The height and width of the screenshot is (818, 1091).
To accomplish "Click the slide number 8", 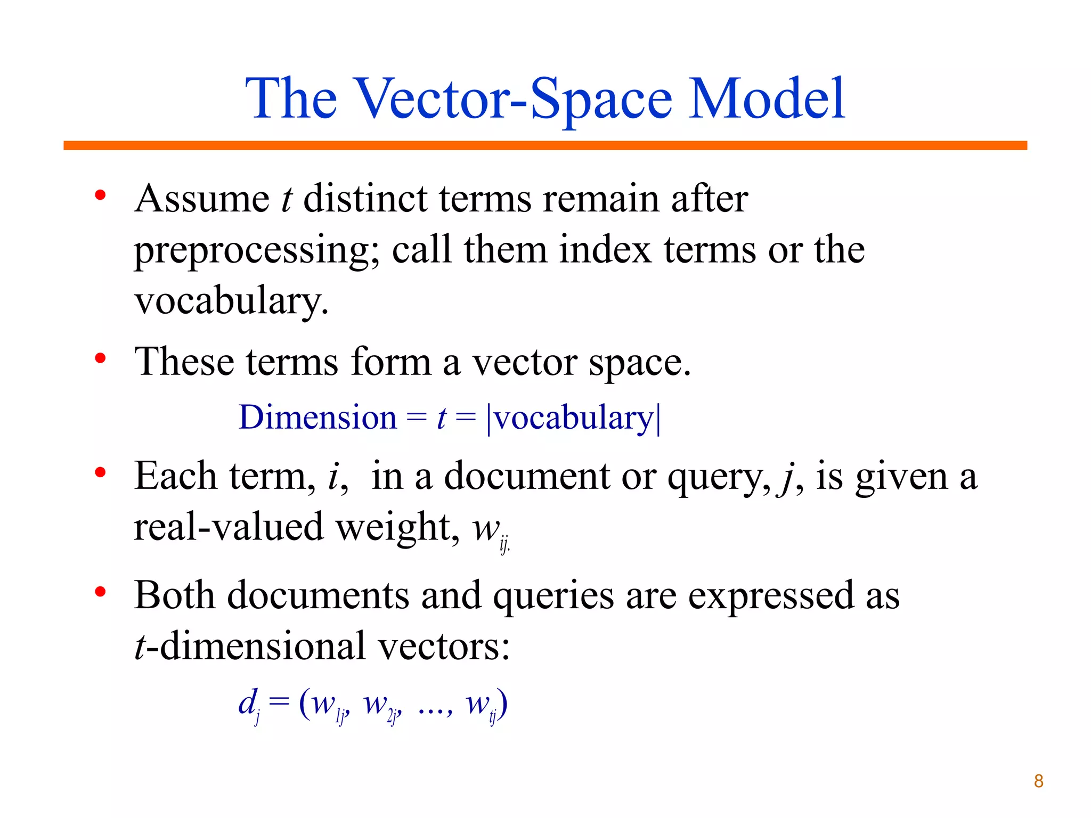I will tap(1038, 781).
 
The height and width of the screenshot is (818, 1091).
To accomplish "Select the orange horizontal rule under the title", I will tap(545, 145).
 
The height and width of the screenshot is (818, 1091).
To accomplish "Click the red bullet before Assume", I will tap(100, 196).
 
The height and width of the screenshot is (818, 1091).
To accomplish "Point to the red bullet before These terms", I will tap(100, 358).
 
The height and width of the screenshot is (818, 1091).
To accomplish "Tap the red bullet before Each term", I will tap(100, 472).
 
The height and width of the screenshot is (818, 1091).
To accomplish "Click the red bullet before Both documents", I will tap(100, 592).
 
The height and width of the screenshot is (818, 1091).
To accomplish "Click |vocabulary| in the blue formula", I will tap(573, 418).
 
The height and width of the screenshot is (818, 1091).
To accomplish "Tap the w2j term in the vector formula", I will tap(381, 706).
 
